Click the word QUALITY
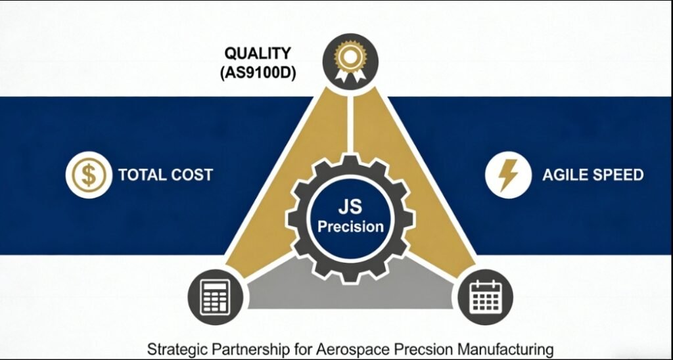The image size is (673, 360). click(258, 53)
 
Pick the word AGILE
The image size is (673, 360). click(564, 175)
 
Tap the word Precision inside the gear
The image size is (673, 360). click(350, 227)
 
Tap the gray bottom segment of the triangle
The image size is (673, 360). click(350, 289)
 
